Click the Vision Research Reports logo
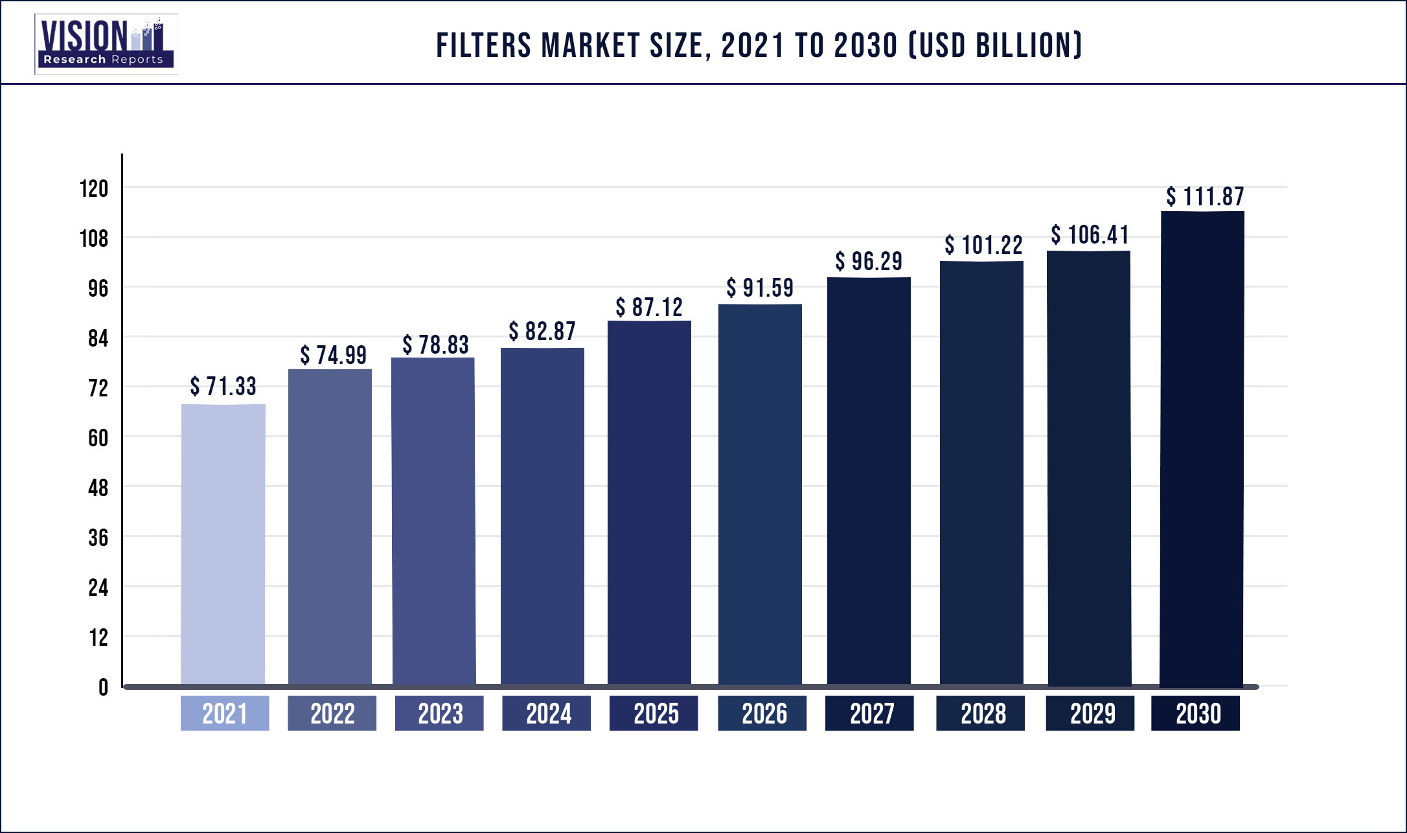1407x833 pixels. [x=106, y=44]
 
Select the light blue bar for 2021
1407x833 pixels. [x=223, y=544]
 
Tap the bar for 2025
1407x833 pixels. [x=649, y=502]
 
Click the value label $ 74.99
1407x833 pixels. [x=333, y=355]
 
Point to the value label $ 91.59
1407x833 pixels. [x=760, y=288]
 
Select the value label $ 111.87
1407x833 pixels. [x=1205, y=196]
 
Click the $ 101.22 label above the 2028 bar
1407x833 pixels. [x=983, y=245]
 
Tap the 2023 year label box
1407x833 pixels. [x=439, y=713]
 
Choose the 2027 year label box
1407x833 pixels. [x=869, y=713]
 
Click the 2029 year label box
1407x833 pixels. [x=1090, y=713]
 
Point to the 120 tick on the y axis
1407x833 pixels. [x=94, y=188]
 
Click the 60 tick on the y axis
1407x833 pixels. [x=98, y=438]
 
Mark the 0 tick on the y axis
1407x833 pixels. [x=103, y=687]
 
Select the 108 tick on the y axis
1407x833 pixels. [x=94, y=238]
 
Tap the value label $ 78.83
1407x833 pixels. [x=435, y=345]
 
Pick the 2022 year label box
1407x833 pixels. [x=332, y=713]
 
